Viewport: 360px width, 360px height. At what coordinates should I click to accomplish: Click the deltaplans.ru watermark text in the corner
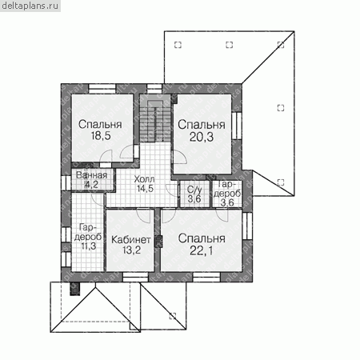tap(30, 6)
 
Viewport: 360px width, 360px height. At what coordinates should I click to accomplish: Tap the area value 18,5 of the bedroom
tap(101, 136)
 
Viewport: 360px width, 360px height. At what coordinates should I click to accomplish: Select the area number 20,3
tap(202, 137)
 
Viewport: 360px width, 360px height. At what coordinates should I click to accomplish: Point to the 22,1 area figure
tap(202, 250)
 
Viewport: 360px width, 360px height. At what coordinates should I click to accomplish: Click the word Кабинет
tap(131, 240)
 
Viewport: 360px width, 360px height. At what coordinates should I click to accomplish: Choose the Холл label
tap(144, 178)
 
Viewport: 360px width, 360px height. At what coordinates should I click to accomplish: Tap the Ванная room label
tap(91, 175)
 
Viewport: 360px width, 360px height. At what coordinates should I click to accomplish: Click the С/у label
tap(194, 190)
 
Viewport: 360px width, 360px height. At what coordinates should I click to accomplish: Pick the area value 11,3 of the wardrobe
tap(89, 246)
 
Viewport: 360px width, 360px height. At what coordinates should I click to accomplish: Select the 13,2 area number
tap(131, 250)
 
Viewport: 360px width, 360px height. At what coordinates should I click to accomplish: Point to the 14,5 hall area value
tap(145, 188)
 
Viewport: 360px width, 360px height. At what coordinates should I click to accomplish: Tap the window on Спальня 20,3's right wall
tap(237, 126)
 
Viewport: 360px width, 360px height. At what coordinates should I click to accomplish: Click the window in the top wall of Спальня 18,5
tap(102, 89)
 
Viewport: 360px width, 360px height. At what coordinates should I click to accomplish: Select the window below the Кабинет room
tap(135, 277)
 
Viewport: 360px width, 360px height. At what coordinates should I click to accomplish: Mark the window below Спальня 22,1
tap(206, 277)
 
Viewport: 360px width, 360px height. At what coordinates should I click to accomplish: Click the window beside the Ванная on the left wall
tap(66, 183)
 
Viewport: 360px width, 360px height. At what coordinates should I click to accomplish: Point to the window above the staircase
tap(154, 89)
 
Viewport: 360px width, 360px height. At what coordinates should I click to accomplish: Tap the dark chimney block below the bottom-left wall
tap(74, 289)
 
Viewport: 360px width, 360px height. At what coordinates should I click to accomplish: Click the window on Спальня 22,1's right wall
tap(247, 226)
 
